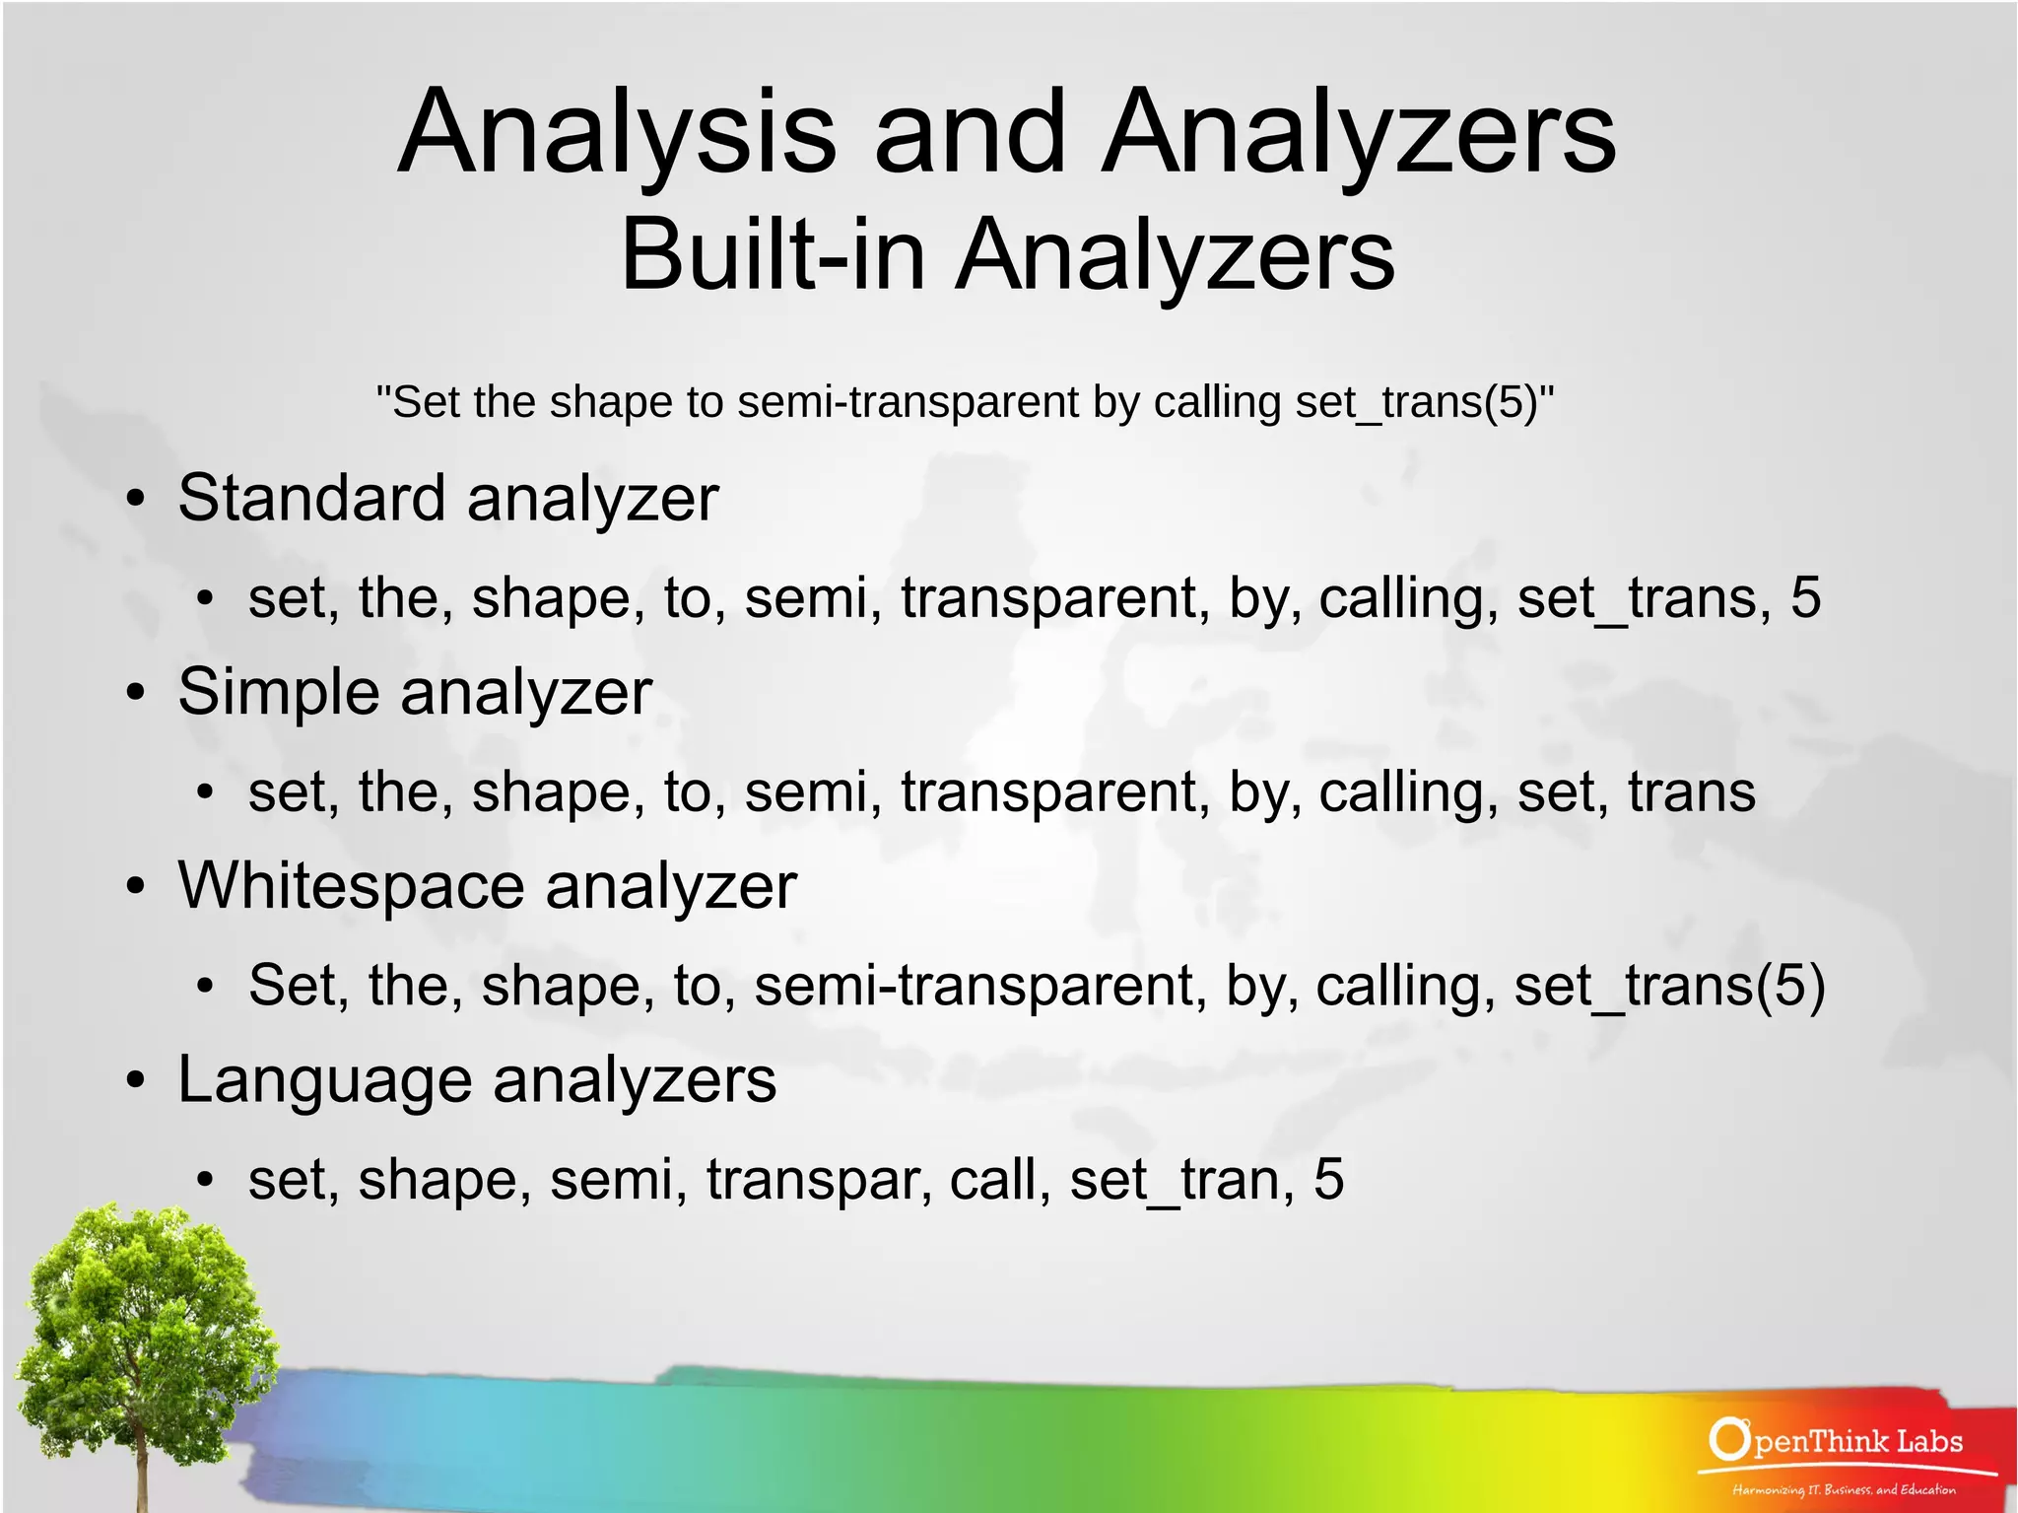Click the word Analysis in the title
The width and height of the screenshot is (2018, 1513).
[x=617, y=133]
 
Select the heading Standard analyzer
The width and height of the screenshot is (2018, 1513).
[x=447, y=498]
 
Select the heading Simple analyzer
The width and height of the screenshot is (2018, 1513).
[x=414, y=691]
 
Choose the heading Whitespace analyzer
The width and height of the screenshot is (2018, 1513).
[x=487, y=885]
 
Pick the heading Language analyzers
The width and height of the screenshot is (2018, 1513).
[x=477, y=1079]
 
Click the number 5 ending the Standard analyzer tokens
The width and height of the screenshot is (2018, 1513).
[x=1805, y=597]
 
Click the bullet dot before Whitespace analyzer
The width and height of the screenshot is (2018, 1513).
[x=136, y=886]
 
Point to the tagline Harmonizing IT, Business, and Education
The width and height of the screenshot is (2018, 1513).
[x=1844, y=1489]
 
